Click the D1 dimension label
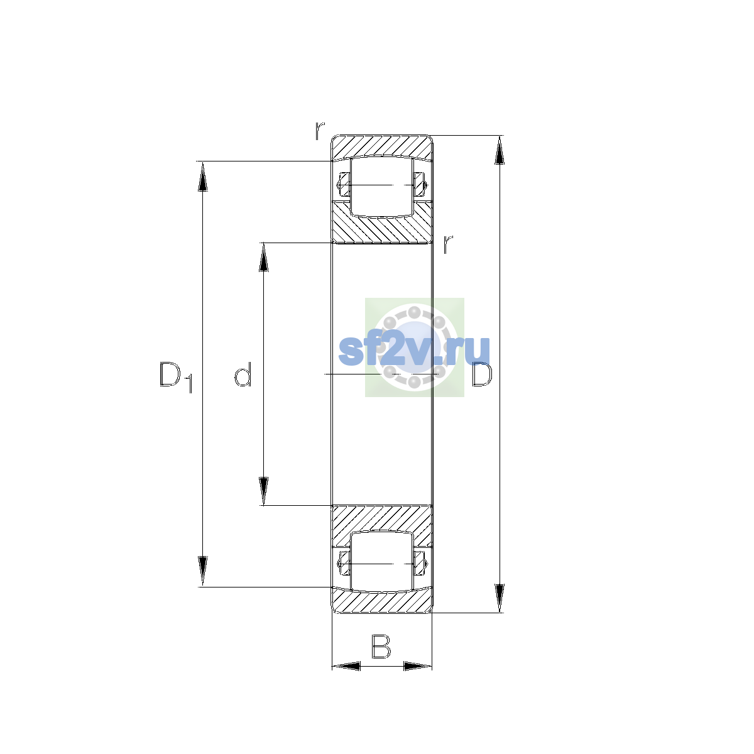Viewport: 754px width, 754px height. [176, 377]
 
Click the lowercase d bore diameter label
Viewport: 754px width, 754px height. [243, 374]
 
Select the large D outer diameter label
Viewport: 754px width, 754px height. [482, 374]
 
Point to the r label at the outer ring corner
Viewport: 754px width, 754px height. [320, 131]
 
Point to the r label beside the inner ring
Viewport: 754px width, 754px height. [448, 244]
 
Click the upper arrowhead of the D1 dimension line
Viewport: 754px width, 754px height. [202, 177]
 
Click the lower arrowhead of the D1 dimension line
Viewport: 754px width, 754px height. [202, 571]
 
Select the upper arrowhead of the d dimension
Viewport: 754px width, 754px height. [264, 258]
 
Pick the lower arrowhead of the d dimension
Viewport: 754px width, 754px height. [264, 491]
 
